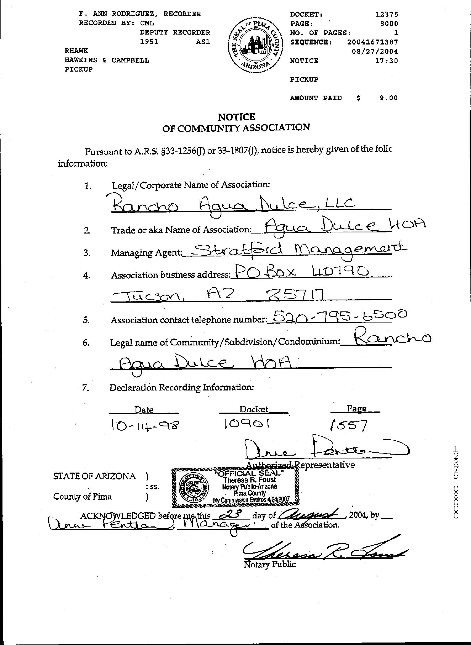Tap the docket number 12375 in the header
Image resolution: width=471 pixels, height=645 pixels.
387,14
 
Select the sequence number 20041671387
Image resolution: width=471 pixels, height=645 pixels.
372,42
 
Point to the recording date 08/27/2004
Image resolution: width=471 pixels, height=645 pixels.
375,52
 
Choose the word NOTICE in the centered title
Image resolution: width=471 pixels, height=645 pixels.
236,117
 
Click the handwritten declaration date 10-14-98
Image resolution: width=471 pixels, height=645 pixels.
145,425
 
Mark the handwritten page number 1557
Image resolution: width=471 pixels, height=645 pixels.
348,425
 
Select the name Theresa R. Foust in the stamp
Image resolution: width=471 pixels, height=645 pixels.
250,480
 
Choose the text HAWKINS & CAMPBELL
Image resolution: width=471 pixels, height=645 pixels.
107,60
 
